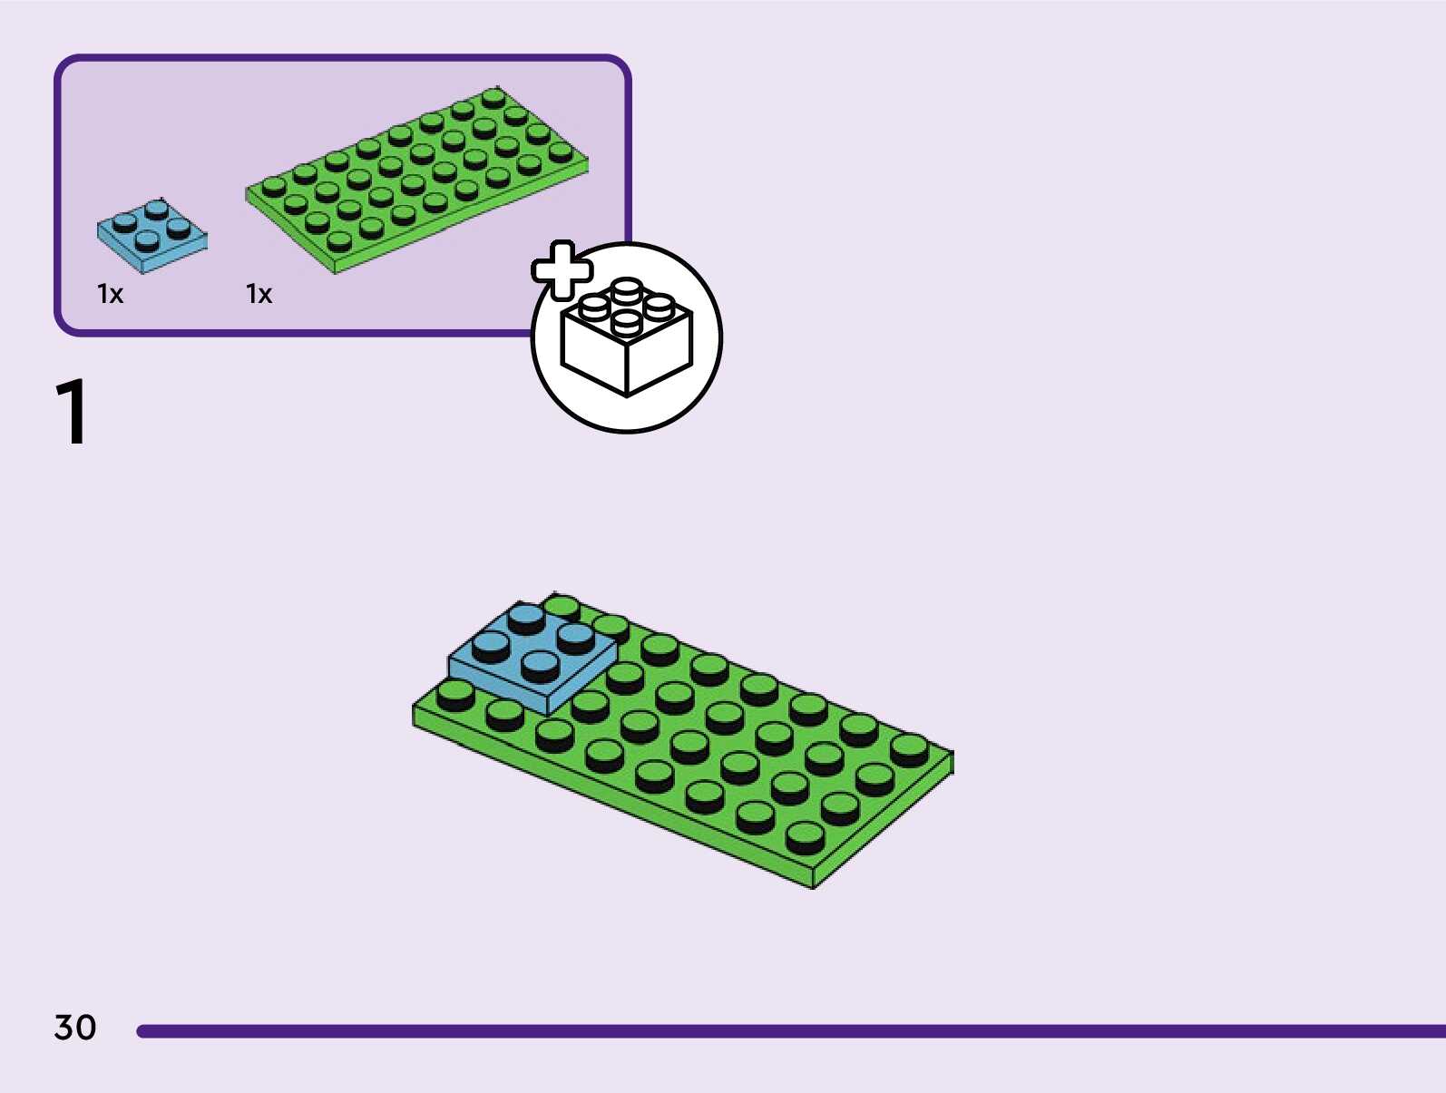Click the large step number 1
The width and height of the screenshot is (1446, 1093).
point(73,413)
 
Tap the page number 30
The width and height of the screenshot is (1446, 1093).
point(75,1028)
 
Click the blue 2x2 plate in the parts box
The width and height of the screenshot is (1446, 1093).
point(151,234)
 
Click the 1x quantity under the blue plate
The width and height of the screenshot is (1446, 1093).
point(110,294)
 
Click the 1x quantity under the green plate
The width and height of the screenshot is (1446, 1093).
point(259,294)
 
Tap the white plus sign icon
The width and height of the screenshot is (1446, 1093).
point(562,269)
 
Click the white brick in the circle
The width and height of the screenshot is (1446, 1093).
point(626,340)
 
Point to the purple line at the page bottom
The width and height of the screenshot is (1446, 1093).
point(789,1031)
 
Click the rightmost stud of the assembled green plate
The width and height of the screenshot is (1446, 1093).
point(909,748)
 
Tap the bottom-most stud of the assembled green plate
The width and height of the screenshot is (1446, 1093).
point(804,834)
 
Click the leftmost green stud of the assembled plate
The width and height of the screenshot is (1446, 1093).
point(454,694)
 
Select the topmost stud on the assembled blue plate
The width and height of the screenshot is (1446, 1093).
point(526,617)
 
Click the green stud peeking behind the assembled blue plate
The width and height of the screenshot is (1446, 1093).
point(562,605)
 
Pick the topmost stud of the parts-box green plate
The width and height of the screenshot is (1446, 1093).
point(493,96)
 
